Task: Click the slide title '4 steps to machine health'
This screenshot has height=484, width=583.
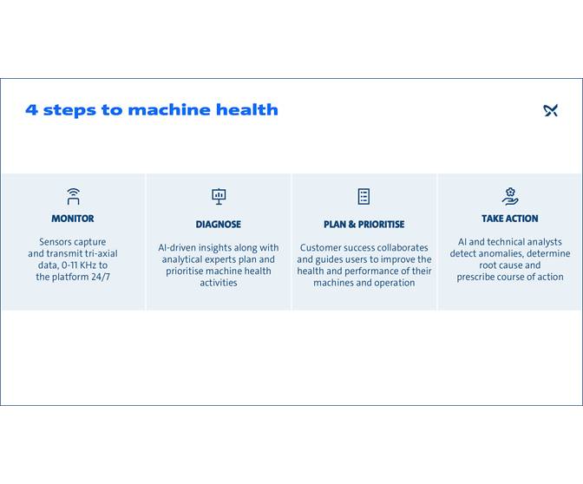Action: (152, 110)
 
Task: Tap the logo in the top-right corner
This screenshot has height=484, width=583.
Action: (551, 110)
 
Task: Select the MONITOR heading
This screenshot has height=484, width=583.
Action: (73, 219)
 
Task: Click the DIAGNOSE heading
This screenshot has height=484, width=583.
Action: (219, 224)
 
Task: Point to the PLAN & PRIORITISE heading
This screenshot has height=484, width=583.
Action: (364, 224)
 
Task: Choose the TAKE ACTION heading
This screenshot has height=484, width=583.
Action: (510, 219)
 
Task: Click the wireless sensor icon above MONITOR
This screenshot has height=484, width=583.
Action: (73, 196)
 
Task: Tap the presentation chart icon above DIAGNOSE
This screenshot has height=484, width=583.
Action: (219, 196)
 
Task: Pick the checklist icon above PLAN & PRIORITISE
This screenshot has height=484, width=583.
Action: (364, 196)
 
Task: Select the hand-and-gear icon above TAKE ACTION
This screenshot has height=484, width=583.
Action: (510, 196)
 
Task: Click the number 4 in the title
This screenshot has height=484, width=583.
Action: (31, 110)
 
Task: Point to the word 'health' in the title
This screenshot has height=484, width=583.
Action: (252, 110)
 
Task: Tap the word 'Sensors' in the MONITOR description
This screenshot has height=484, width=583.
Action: (54, 242)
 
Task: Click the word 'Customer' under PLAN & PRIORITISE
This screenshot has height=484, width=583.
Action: (321, 247)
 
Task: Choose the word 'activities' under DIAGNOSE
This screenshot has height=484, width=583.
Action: (219, 282)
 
